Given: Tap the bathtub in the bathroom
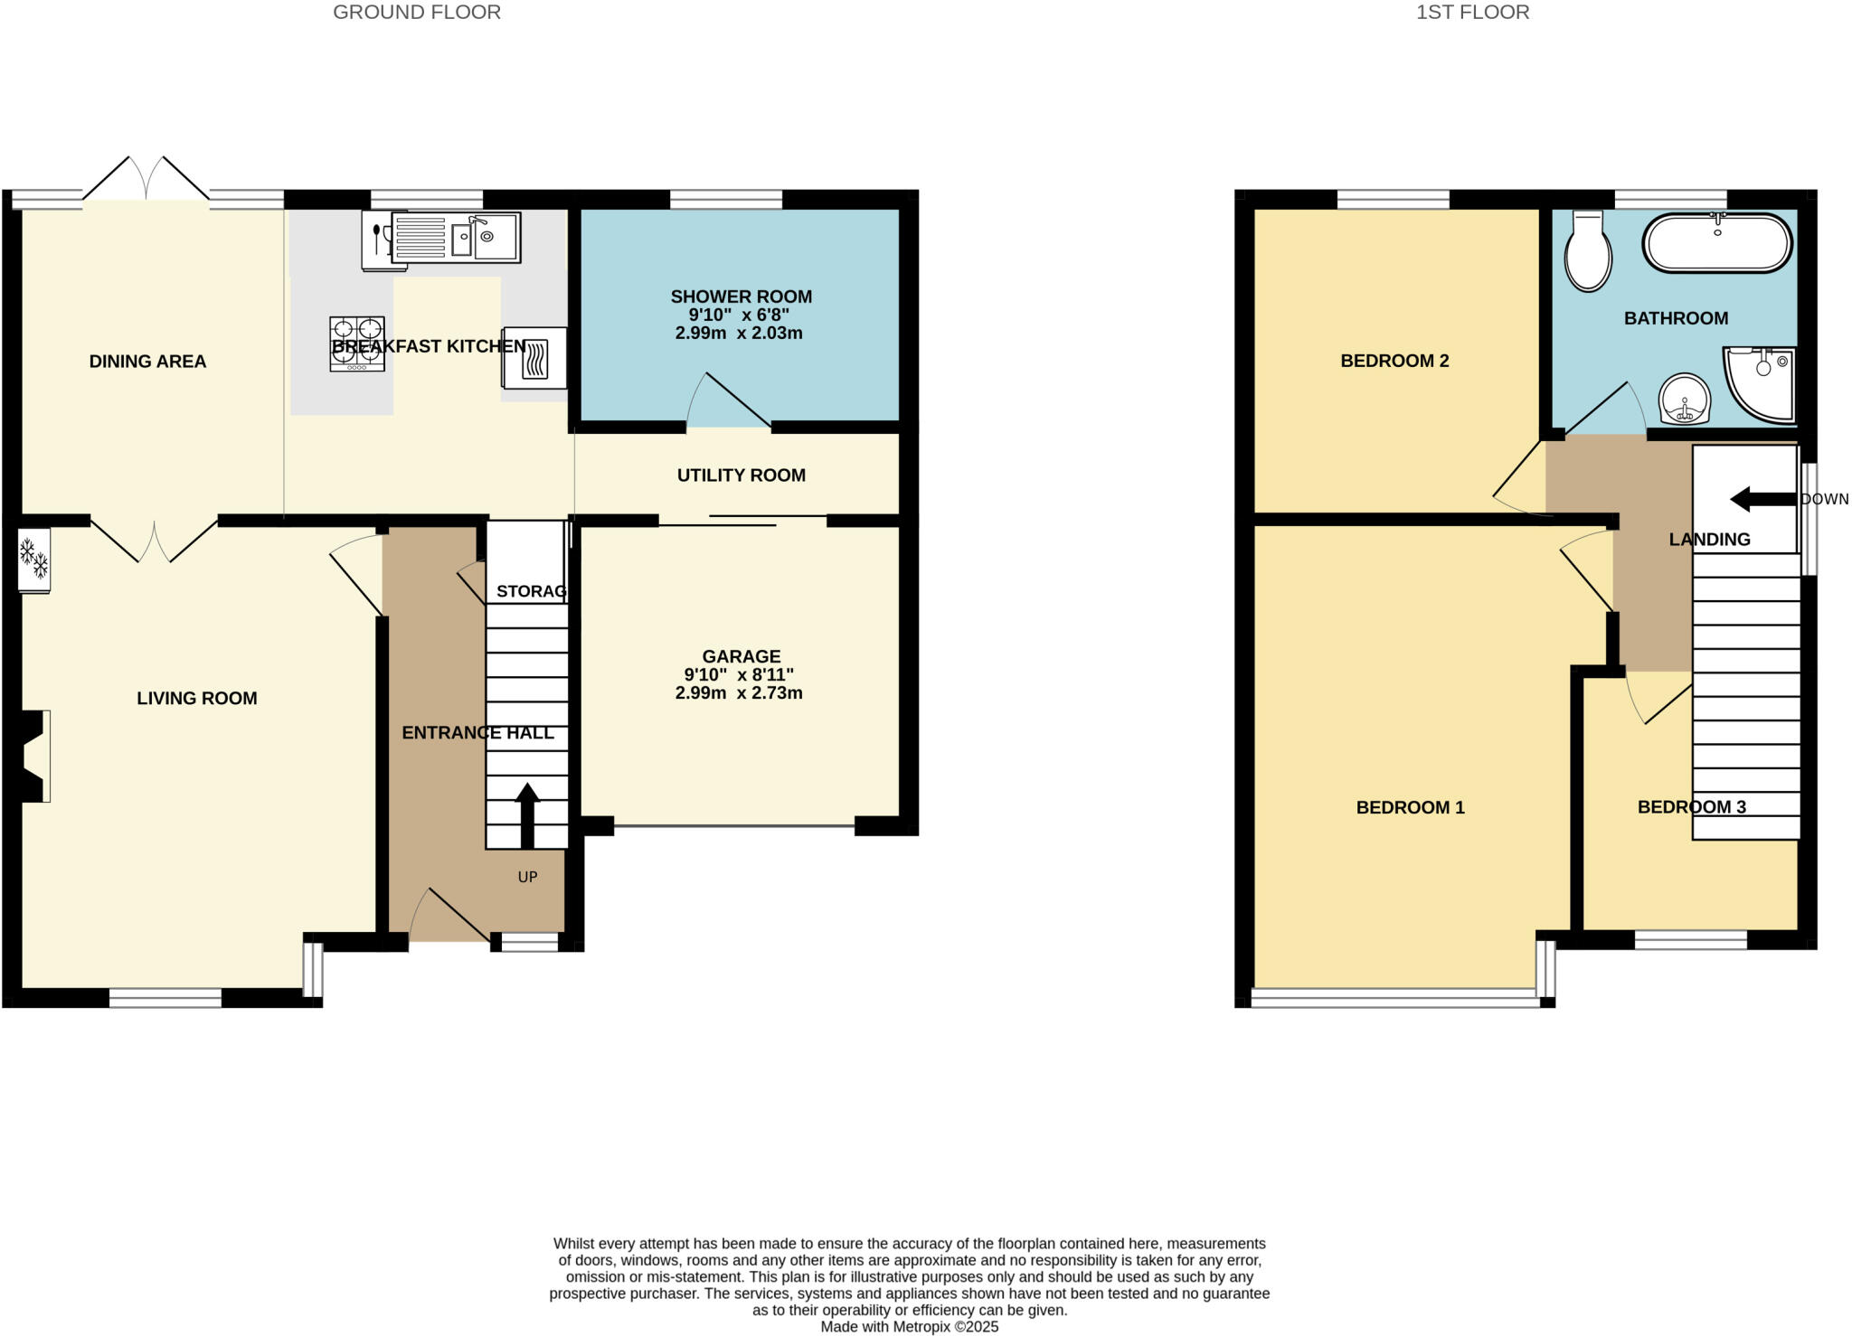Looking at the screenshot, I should (1716, 243).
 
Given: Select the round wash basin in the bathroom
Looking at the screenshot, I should (1685, 400).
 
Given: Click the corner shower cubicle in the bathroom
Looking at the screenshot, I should (1762, 384).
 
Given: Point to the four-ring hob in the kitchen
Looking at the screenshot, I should (357, 343).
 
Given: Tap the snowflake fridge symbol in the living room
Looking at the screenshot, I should (34, 560).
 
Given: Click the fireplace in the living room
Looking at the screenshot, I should (34, 756).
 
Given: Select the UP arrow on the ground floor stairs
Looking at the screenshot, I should (527, 814).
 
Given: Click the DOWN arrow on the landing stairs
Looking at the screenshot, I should (1762, 499).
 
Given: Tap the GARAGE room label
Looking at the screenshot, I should (741, 656).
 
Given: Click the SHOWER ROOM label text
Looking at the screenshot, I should (741, 296).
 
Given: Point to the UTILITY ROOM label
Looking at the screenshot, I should (741, 475).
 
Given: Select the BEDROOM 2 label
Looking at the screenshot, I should (1394, 361).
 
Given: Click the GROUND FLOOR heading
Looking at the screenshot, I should (417, 13).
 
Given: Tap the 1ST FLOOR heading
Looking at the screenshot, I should (1472, 13).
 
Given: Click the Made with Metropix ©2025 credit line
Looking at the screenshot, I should (909, 1327).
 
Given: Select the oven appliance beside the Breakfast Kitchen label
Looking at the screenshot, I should (534, 358).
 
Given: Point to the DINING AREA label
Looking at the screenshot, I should (147, 362).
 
